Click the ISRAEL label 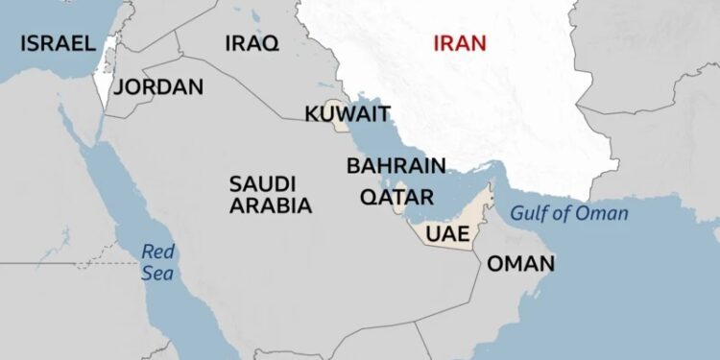[x=58, y=43]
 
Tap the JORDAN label [x=158, y=86]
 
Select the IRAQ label [x=252, y=43]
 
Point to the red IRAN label [x=460, y=43]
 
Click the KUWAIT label [x=348, y=115]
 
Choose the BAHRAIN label [x=396, y=165]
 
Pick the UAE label [x=447, y=233]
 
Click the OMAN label [x=520, y=264]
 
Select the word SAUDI [x=262, y=182]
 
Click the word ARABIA [x=270, y=205]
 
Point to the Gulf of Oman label [x=569, y=213]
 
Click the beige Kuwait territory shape [x=335, y=107]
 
